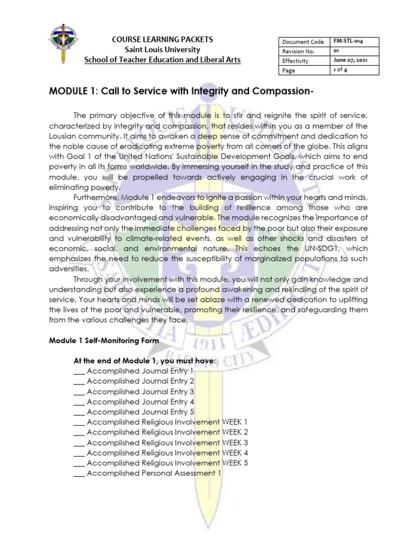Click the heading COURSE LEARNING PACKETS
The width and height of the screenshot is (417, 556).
[x=162, y=40]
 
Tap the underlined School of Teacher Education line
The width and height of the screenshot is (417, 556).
[x=162, y=59]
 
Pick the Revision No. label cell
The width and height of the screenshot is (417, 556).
[x=298, y=51]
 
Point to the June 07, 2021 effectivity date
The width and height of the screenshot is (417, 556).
[x=350, y=61]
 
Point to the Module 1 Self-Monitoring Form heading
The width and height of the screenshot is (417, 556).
[x=104, y=340]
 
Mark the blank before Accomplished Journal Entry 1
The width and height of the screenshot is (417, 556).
[x=79, y=371]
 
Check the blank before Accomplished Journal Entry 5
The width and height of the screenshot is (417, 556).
[x=79, y=412]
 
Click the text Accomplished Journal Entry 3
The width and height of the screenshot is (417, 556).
[x=140, y=391]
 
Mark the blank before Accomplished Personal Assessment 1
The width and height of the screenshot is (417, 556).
[x=79, y=473]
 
